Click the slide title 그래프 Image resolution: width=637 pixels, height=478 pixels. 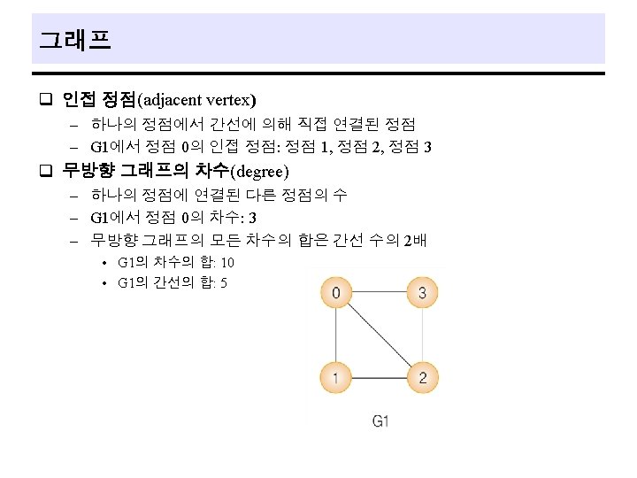tap(75, 40)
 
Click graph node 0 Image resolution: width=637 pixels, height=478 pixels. tap(336, 292)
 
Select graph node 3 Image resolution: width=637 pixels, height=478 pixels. tap(423, 292)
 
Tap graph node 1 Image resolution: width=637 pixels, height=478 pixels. tap(335, 378)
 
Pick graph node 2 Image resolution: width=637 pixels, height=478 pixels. tap(423, 378)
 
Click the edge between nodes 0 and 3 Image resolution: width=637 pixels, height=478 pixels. tap(379, 292)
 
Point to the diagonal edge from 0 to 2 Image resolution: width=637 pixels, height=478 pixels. tap(380, 335)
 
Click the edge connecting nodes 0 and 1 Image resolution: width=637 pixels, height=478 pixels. tap(336, 335)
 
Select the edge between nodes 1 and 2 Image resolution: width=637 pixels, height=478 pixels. tap(379, 378)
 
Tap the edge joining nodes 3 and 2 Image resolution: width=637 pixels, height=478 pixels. tap(423, 335)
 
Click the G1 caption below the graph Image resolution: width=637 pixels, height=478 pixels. tap(380, 421)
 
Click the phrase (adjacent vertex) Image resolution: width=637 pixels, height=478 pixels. tap(196, 100)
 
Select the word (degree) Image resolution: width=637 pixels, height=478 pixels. tap(259, 172)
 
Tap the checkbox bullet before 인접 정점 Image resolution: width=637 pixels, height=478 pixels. tap(46, 99)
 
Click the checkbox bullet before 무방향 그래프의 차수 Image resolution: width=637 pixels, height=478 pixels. tap(46, 170)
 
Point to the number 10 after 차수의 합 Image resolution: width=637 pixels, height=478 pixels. tap(227, 263)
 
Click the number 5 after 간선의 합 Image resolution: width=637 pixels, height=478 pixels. tap(224, 283)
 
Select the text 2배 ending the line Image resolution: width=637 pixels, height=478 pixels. tap(415, 240)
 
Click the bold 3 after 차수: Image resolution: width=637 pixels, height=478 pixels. tap(252, 218)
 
